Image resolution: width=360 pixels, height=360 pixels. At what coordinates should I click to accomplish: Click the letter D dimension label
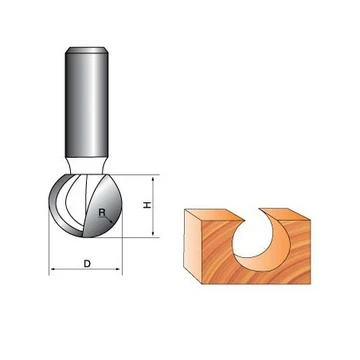pos(87,264)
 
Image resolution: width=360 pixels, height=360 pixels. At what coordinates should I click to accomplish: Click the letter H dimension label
pos(147,205)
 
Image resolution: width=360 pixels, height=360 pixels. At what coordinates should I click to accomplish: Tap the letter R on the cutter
pos(102,212)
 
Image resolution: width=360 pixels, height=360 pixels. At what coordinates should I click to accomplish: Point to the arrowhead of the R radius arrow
pos(110,221)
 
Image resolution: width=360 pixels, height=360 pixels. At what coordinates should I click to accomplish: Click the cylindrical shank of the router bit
pos(86,102)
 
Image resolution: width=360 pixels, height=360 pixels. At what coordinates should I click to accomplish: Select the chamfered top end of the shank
pos(86,50)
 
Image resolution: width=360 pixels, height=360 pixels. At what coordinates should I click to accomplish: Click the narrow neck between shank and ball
pos(86,165)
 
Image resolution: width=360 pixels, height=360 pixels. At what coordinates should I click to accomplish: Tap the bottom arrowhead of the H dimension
pos(153,233)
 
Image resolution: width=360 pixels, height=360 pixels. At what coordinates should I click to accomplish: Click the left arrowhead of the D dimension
pos(53,269)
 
